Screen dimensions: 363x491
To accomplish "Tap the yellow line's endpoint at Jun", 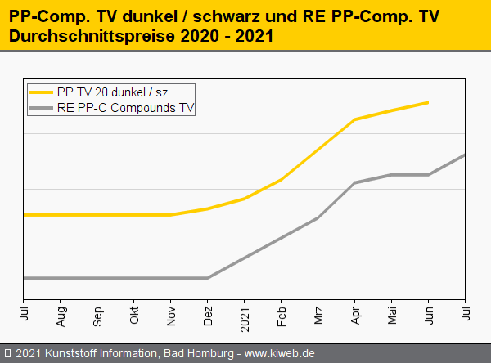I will pos(429,102).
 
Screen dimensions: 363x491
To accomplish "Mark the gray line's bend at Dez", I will pos(208,278).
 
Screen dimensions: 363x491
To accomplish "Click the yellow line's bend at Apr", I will pos(355,119).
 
